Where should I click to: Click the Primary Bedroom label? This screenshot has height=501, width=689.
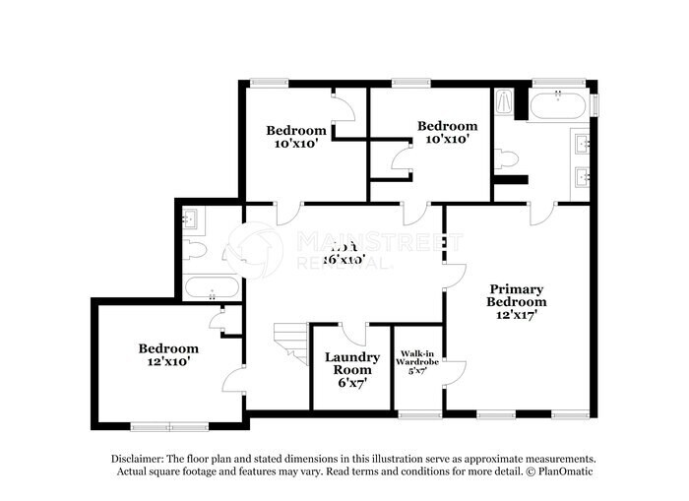516,295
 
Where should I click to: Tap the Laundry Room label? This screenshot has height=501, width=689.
352,364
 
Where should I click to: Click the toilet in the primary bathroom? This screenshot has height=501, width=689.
507,158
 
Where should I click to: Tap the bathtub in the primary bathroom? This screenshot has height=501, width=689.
558,103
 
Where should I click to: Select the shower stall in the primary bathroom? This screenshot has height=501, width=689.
503,102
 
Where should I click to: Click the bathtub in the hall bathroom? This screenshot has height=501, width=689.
212,289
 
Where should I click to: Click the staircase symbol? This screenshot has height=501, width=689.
287,345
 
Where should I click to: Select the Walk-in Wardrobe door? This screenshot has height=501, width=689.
454,372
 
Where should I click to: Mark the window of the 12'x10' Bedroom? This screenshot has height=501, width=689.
167,425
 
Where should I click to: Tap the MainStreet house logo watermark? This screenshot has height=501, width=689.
252,246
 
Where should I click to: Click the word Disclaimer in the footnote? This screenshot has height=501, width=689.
139,460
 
